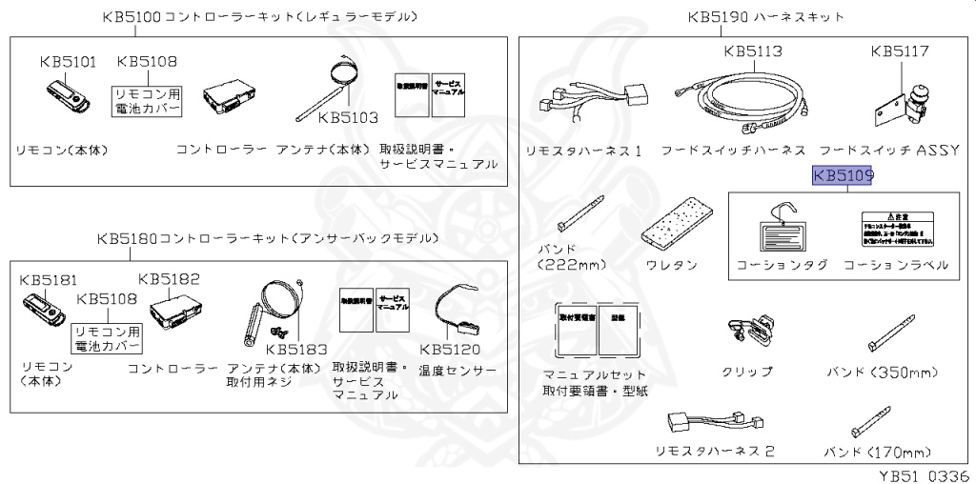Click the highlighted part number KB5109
843,176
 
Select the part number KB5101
68,62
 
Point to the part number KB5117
900,51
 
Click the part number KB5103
348,118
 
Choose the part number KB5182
169,279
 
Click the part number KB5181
49,280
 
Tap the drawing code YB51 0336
925,474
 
